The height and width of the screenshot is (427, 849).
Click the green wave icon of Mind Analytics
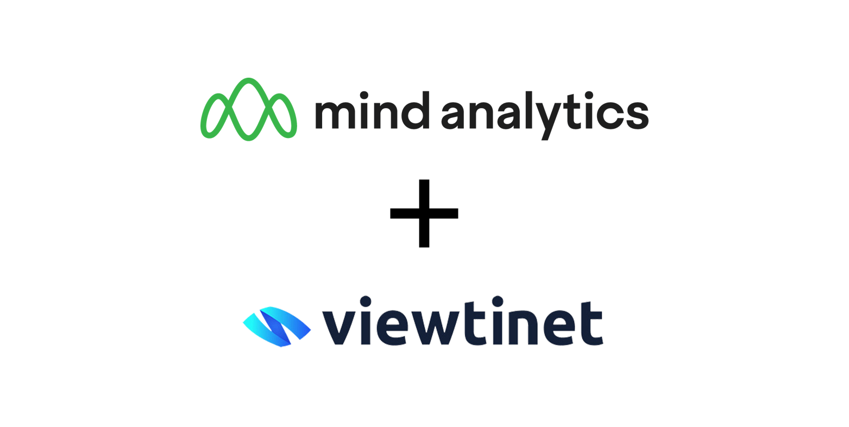click(x=249, y=109)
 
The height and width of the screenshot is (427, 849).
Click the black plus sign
click(x=424, y=213)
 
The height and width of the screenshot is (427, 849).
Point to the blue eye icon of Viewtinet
click(x=276, y=326)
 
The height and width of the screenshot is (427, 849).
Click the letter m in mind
click(x=335, y=115)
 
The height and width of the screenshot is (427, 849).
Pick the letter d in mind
click(x=416, y=111)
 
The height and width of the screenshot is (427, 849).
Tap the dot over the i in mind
click(x=364, y=94)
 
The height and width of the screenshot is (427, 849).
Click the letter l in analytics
click(x=529, y=110)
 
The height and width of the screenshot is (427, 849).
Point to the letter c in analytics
click(x=609, y=116)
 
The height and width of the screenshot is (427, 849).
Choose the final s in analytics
click(x=638, y=116)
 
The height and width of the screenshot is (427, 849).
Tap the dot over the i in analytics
click(x=589, y=94)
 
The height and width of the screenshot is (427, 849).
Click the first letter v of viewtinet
click(x=338, y=328)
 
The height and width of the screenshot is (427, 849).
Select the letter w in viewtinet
click(x=435, y=328)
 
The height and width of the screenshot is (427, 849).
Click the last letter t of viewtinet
click(x=592, y=324)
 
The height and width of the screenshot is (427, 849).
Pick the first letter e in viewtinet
click(x=392, y=328)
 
